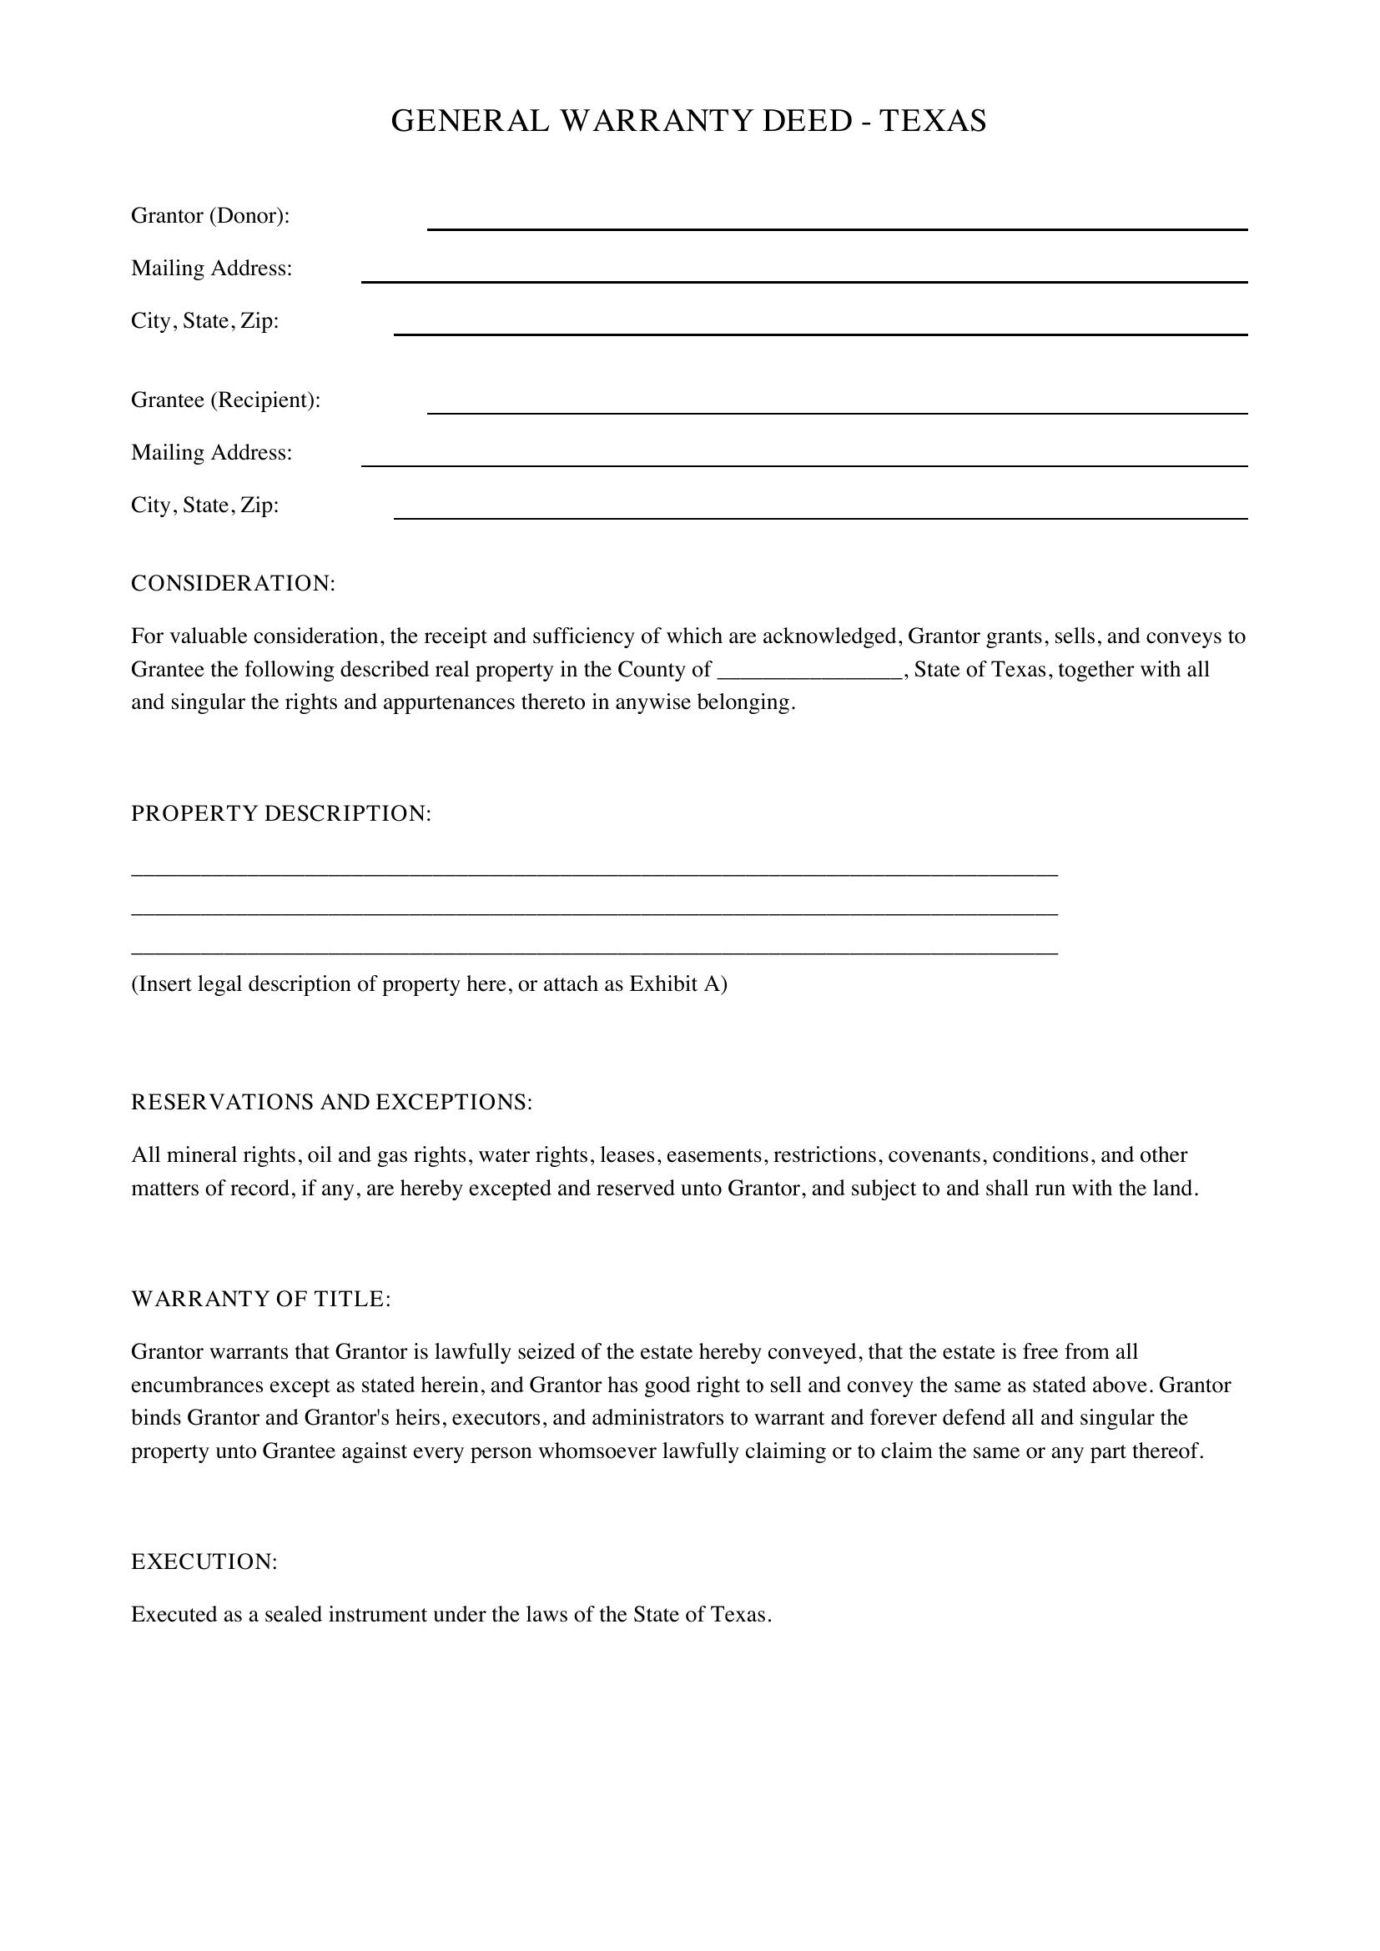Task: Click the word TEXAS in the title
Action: coord(932,122)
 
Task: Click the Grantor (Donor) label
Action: coord(210,216)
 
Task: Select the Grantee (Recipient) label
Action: coord(225,400)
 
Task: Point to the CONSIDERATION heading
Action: coord(233,584)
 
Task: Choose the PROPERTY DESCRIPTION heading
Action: coord(280,814)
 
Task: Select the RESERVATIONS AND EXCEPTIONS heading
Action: coord(331,1102)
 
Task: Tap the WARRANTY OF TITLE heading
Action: coord(260,1300)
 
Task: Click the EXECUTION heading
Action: coord(204,1561)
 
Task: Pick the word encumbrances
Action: coord(197,1385)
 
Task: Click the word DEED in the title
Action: coord(807,122)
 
